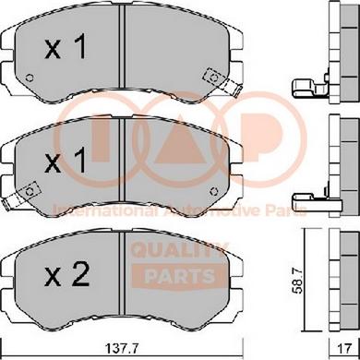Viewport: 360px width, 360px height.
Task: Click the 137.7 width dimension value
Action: coord(123,349)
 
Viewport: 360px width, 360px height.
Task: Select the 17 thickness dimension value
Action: coord(344,349)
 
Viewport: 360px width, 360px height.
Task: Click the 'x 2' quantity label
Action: coord(66,275)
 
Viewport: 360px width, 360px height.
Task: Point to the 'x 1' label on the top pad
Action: coord(66,47)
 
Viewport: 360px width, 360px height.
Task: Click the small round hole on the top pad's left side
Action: coord(30,78)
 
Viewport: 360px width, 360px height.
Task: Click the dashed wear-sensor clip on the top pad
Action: coord(222,81)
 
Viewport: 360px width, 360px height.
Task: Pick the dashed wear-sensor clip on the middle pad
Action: coord(20,196)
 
